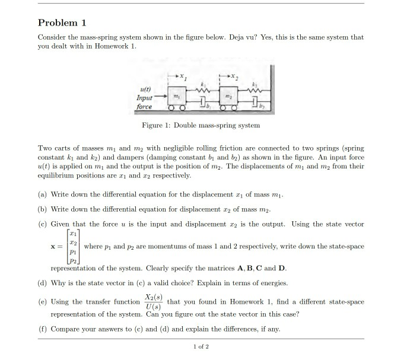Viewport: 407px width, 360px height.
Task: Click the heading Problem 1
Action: [x=62, y=23]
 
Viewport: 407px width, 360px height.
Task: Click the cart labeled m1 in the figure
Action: [x=175, y=97]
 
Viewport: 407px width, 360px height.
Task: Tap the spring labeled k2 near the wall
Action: [x=256, y=89]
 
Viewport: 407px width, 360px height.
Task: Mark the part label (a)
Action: [x=43, y=195]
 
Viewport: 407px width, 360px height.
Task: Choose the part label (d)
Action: [x=43, y=283]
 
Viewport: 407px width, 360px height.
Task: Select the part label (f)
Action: [x=43, y=328]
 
